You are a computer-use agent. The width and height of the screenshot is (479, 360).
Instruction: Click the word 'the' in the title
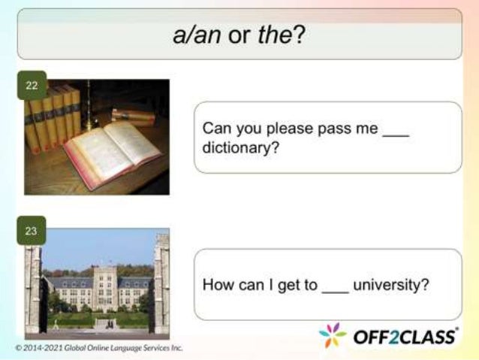(276, 35)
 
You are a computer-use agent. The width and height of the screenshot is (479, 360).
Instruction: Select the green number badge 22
(32, 85)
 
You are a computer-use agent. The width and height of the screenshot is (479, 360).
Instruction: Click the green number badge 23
(32, 231)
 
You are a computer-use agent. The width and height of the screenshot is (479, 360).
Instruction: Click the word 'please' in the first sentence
(292, 129)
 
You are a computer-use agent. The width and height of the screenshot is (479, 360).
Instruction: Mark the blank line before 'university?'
(335, 289)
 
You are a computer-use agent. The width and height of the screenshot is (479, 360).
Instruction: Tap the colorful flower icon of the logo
(333, 336)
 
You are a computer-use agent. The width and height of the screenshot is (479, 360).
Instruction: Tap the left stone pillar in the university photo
(32, 289)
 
